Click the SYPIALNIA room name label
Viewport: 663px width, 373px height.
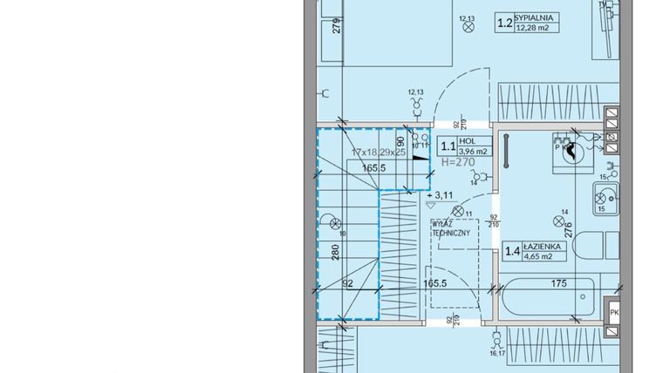coord(538,17)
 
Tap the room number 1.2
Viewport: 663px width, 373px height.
coord(503,24)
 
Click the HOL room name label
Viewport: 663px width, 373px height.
coord(468,140)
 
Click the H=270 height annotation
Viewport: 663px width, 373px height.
coord(459,162)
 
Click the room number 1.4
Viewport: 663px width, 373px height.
coord(512,254)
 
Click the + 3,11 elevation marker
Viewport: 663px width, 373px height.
coord(442,195)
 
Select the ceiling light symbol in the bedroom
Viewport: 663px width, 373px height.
coord(468,27)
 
